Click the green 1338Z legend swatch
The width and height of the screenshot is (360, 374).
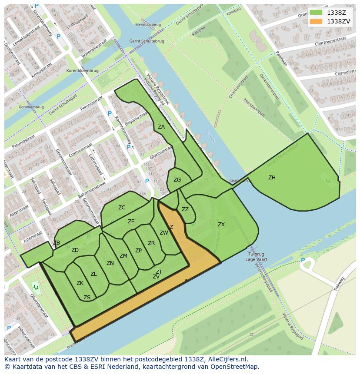click(x=316, y=13)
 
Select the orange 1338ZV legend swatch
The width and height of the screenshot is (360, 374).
click(x=316, y=21)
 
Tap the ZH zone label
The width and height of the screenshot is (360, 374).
click(x=272, y=178)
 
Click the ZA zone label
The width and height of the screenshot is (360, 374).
click(x=161, y=127)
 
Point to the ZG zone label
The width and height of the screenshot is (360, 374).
click(x=177, y=180)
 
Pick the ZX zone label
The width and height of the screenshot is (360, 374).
click(x=221, y=225)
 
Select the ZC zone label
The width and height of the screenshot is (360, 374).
click(x=122, y=208)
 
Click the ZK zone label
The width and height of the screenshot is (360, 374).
click(x=80, y=283)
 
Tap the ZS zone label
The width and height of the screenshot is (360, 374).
click(x=87, y=298)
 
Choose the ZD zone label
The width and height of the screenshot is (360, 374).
click(x=75, y=250)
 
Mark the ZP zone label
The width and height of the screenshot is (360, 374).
click(x=138, y=251)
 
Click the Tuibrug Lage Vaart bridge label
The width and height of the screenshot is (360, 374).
click(x=256, y=256)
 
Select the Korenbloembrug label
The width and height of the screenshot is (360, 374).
click(x=83, y=70)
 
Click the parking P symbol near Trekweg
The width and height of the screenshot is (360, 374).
click(x=303, y=261)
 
